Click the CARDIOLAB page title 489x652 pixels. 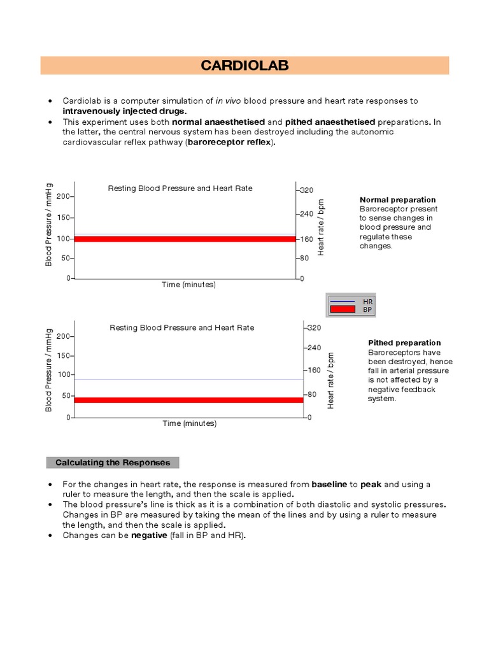[x=244, y=66]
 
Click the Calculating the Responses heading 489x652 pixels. [x=113, y=462]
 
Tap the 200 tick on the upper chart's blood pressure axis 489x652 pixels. [x=62, y=196]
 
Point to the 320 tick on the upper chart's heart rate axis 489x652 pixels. [x=307, y=190]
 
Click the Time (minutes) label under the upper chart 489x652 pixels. [x=188, y=285]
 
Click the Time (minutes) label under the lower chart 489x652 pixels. [x=189, y=423]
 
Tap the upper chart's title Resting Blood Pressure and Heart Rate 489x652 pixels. [x=180, y=188]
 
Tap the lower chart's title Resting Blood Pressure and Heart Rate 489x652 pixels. [x=182, y=328]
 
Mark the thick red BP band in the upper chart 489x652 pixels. [x=185, y=239]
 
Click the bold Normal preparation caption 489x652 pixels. [x=397, y=200]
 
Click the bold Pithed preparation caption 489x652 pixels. [x=404, y=343]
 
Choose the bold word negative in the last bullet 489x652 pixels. [x=149, y=535]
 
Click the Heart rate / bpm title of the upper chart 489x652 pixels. [x=322, y=227]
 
